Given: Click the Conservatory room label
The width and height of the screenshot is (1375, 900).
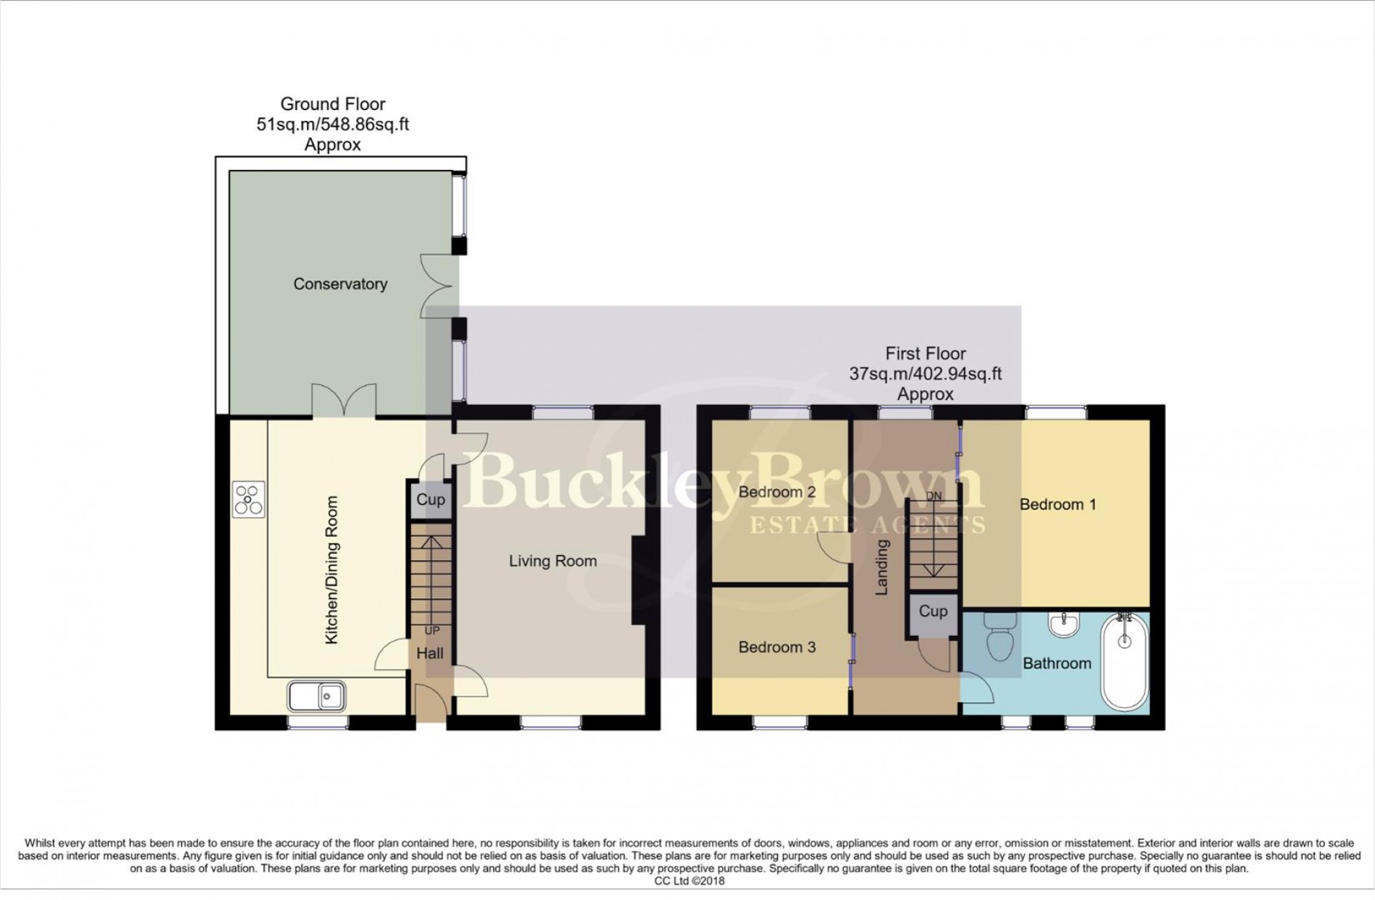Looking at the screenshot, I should click(x=339, y=284).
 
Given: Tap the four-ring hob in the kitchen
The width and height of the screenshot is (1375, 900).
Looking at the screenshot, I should click(x=248, y=500).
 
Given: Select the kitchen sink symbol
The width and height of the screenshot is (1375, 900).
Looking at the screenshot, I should click(x=316, y=697).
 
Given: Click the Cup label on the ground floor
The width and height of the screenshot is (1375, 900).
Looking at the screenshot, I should click(x=431, y=499).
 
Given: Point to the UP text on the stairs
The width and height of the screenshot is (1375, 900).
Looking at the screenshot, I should click(x=431, y=630).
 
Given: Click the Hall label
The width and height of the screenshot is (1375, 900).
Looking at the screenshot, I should click(x=430, y=653).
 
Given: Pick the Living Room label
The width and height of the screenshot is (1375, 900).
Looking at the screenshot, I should click(x=552, y=561).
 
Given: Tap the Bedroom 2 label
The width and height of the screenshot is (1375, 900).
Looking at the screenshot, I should click(x=777, y=492).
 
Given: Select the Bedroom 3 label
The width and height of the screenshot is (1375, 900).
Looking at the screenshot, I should click(x=777, y=647).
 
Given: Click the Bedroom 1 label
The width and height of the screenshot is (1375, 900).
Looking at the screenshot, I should click(x=1057, y=504).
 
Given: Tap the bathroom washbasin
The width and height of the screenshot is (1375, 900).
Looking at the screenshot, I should click(x=1064, y=627).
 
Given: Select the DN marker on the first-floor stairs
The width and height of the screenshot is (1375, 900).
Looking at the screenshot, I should click(x=934, y=496).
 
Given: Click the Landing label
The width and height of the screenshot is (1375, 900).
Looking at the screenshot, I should click(x=881, y=567).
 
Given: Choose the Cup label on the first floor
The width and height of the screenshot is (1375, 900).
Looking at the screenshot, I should click(x=933, y=611).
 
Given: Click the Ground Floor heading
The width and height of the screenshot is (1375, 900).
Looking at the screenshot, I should click(x=333, y=104).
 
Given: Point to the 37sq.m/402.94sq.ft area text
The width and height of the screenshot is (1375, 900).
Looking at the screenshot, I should click(x=925, y=374).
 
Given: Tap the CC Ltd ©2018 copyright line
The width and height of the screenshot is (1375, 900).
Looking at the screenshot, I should click(x=688, y=881).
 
